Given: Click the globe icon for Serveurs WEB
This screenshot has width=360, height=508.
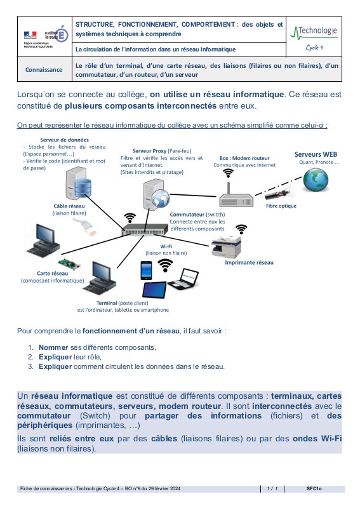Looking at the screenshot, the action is pos(316,180).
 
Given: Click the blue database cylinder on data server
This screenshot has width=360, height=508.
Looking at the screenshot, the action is pos(83,188).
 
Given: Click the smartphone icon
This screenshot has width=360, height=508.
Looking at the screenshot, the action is pos(146,271).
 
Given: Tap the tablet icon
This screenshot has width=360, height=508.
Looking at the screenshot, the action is pos(154,290).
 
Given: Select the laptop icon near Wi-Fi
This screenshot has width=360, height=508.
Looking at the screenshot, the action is pos(183,278).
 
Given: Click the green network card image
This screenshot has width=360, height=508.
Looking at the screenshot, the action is pos(69,264).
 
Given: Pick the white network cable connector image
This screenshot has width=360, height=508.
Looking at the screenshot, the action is pos(85,226).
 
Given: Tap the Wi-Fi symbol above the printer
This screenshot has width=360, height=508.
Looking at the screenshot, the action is pos(241,229).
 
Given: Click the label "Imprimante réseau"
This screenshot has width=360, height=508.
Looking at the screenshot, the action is pos(249,262).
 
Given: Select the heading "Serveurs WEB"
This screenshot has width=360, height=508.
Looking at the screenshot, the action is pos(316,154).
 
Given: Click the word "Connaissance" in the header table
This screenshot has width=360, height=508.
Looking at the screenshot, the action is pos(44,70).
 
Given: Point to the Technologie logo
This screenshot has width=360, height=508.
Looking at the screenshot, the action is pos(314,37).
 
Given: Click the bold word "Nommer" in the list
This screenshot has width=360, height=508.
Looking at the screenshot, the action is pos(53,347).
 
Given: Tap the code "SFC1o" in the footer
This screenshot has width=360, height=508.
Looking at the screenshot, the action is pos(314,488).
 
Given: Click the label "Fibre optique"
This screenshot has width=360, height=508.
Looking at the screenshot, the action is pos(281,206).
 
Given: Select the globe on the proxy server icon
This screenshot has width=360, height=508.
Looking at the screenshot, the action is pos(161,198).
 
